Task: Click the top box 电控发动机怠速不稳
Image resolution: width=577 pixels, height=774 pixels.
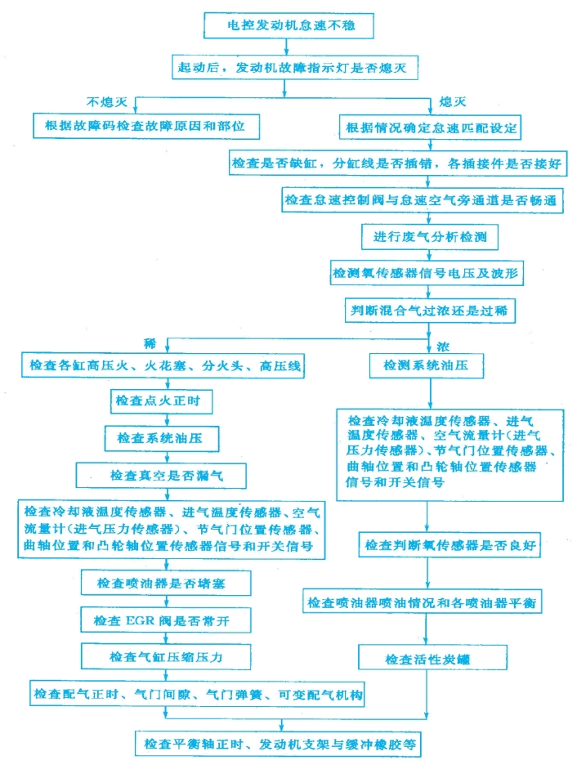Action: [288, 25]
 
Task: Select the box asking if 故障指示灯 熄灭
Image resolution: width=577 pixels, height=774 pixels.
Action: [295, 67]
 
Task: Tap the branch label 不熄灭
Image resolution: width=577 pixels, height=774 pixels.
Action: [106, 102]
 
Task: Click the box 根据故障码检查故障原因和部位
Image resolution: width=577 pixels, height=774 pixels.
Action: [146, 126]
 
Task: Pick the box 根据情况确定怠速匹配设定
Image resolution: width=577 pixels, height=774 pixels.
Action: [430, 128]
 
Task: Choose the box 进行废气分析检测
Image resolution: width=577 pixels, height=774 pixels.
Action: [429, 237]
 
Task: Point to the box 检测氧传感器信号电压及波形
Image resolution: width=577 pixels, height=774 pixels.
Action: [427, 273]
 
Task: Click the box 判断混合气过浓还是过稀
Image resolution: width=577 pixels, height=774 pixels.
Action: [429, 311]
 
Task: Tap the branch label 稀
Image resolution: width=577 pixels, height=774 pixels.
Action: [150, 343]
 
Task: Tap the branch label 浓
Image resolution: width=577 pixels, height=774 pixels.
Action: [443, 347]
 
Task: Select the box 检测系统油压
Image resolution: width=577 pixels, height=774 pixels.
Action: [427, 366]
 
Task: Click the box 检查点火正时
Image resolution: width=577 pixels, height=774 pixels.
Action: [161, 400]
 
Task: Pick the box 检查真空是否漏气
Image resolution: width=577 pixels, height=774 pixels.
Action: [161, 476]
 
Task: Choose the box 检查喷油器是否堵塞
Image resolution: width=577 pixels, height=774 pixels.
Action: [166, 583]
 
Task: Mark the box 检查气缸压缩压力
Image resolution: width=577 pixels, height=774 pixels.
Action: [166, 656]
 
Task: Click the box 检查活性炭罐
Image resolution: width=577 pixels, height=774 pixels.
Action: [432, 658]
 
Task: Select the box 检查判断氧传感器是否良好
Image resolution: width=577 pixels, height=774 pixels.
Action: [450, 545]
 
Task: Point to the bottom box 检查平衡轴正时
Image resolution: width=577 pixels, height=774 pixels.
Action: [278, 745]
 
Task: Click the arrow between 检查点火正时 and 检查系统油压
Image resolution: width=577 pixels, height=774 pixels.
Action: [167, 419]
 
